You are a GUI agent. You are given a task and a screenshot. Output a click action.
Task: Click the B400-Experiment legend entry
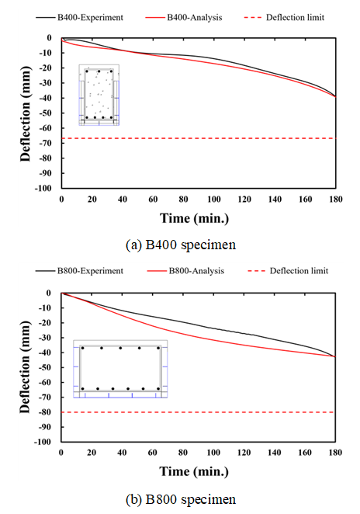tap(80, 17)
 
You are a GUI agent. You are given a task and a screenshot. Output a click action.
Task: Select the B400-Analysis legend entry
tap(184, 17)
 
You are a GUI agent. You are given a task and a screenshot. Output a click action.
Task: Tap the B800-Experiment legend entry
tap(80, 271)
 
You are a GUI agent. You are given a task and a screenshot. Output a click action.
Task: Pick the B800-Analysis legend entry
tap(185, 271)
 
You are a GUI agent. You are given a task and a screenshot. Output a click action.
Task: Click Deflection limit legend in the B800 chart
tap(289, 271)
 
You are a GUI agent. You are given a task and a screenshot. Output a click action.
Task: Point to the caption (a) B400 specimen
tap(181, 245)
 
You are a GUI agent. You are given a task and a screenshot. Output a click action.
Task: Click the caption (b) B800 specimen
tap(181, 499)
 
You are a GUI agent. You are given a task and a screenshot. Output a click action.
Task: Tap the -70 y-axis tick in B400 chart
tap(46, 143)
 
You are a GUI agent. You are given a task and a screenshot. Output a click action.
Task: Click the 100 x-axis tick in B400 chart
tap(214, 200)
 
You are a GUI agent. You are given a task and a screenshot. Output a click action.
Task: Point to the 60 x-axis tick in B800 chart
tap(153, 453)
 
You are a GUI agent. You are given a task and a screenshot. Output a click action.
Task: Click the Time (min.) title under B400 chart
tap(194, 218)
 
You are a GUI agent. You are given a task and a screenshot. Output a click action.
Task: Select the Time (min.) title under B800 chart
tap(194, 471)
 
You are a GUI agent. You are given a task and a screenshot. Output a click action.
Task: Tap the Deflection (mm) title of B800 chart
tap(25, 366)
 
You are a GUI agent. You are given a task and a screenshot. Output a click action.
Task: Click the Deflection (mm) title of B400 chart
tap(25, 113)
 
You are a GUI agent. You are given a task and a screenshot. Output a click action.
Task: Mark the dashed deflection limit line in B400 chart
tap(199, 138)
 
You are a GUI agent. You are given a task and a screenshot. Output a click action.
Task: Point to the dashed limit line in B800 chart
tap(198, 412)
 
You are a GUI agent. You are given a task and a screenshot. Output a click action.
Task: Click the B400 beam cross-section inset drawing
tap(99, 95)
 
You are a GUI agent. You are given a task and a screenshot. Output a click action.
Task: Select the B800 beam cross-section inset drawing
tap(120, 369)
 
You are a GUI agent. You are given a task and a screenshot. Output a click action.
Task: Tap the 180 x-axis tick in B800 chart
tap(335, 453)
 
